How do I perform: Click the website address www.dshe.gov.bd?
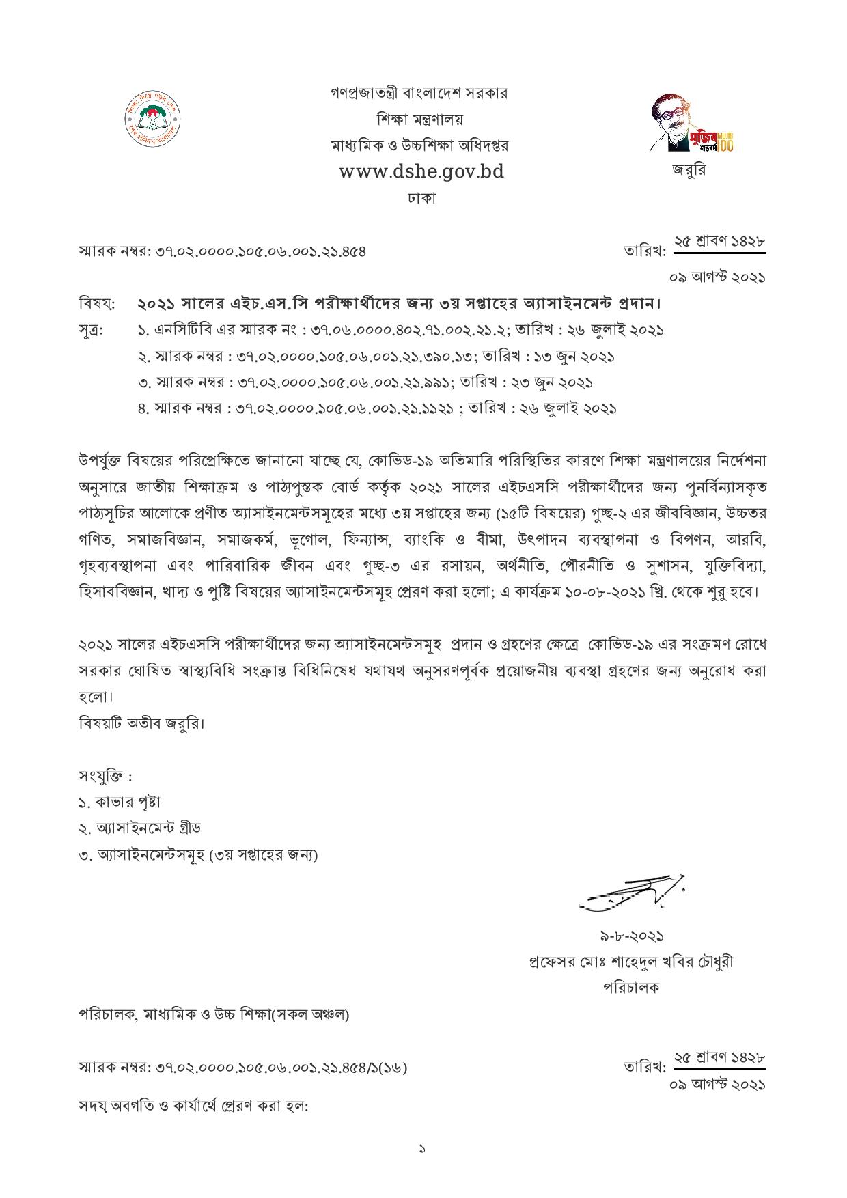tap(421, 171)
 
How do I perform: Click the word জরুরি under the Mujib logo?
tap(688, 171)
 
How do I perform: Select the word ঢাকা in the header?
tap(421, 199)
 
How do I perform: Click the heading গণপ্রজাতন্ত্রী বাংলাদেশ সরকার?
tap(419, 93)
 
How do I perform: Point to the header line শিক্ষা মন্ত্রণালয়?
tap(419, 119)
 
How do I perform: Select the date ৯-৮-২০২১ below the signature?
tap(631, 936)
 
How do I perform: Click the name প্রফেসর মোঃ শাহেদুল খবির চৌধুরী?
tap(631, 962)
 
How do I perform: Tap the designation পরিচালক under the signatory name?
tap(631, 988)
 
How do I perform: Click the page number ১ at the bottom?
tap(422, 1150)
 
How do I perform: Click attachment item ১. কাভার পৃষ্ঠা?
tap(120, 803)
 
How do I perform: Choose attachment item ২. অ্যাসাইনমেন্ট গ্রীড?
tap(140, 828)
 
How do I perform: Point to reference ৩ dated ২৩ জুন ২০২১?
tap(365, 382)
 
